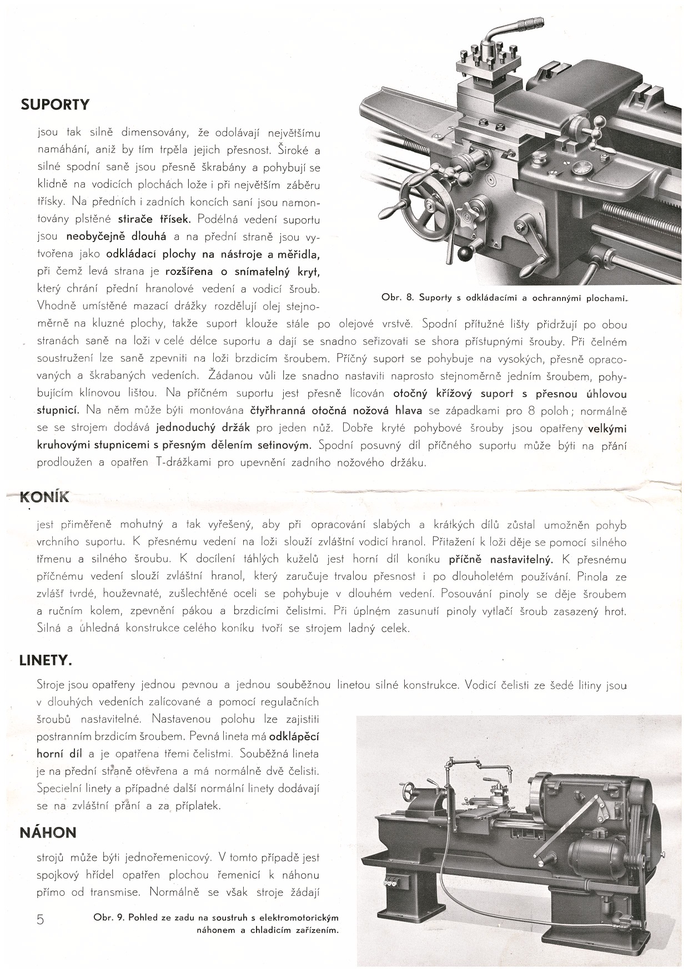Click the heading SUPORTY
(x=54, y=104)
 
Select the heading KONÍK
(x=44, y=496)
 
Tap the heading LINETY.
(x=46, y=661)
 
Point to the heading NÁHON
(x=48, y=832)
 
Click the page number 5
(x=40, y=920)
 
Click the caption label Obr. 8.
(x=398, y=298)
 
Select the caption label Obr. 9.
(x=109, y=917)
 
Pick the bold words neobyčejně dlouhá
(x=116, y=236)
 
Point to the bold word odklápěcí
(x=294, y=737)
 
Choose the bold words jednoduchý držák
(x=203, y=428)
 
